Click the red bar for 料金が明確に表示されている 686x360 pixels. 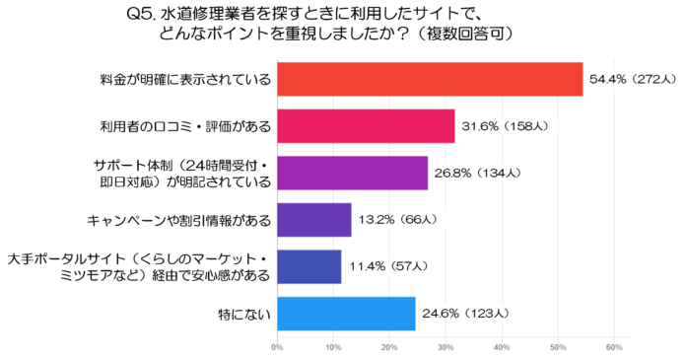430,79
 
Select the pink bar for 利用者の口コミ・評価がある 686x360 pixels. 366,126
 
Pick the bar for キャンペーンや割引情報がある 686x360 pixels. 313,219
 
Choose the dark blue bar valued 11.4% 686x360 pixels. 309,266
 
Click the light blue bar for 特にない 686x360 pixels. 346,313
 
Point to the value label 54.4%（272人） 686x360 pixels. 632,79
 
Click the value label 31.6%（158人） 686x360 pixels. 504,126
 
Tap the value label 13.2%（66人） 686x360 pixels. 396,219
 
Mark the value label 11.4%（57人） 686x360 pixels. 386,266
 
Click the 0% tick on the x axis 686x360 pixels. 277,347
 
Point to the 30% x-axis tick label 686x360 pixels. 446,347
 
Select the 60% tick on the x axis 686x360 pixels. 614,347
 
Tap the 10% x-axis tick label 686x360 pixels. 333,347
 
